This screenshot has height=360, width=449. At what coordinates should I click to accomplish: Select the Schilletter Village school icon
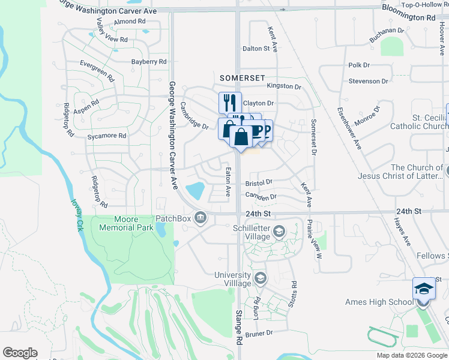[279, 231]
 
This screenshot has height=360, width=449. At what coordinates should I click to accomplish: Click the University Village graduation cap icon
[260, 278]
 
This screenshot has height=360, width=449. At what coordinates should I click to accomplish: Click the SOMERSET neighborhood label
[242, 78]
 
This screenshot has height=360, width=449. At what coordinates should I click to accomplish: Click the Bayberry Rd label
[149, 62]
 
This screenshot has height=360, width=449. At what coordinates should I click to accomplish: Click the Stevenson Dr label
[368, 81]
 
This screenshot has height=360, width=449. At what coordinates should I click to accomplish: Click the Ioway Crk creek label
[77, 212]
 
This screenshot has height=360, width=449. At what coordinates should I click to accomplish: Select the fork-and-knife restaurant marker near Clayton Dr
[229, 102]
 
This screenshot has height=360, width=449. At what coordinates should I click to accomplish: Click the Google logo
[20, 353]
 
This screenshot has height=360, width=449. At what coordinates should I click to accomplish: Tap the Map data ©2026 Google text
[412, 355]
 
